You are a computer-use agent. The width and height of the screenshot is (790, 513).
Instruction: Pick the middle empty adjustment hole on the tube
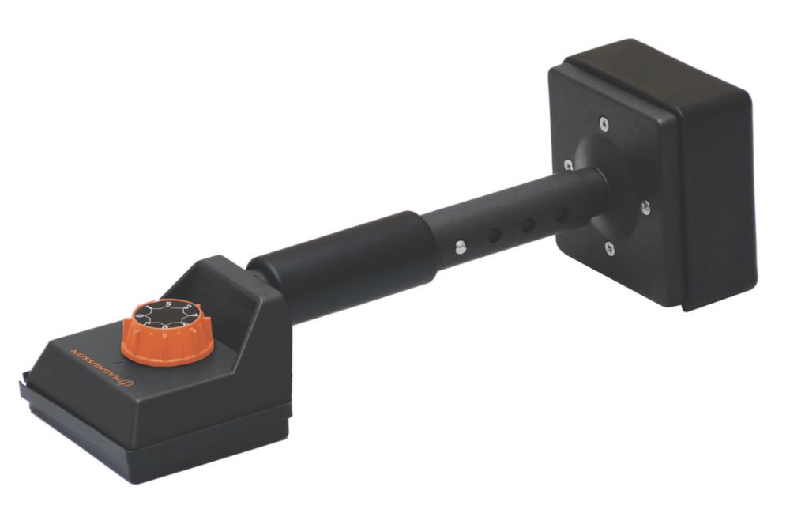coord(527,225)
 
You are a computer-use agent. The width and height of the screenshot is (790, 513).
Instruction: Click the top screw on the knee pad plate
coord(604,123)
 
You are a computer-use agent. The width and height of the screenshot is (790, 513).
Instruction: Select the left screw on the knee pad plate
coord(568,165)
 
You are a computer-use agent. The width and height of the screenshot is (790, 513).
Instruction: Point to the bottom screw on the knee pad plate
coord(608,249)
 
